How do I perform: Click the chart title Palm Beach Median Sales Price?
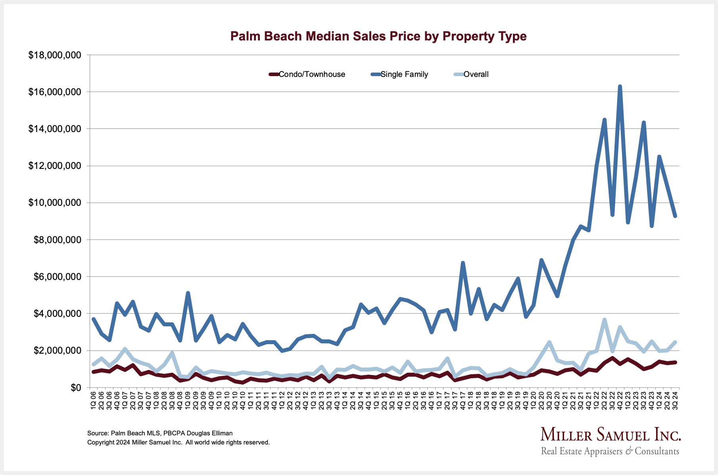pos(378,36)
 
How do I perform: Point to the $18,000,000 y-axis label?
pos(55,56)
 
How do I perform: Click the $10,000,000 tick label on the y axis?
pos(55,203)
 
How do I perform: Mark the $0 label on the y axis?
pos(75,388)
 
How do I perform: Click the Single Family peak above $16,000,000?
pos(620,86)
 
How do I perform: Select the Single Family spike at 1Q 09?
pos(188,293)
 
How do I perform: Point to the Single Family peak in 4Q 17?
pos(463,263)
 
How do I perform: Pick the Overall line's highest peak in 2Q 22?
pos(604,320)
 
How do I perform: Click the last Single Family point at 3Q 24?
pos(675,216)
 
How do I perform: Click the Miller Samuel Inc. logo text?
pos(610,435)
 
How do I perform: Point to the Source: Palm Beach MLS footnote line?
pos(160,433)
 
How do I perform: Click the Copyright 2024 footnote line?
pos(179,442)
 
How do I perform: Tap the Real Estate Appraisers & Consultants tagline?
pos(610,451)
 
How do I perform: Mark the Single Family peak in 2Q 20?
pos(541,260)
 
